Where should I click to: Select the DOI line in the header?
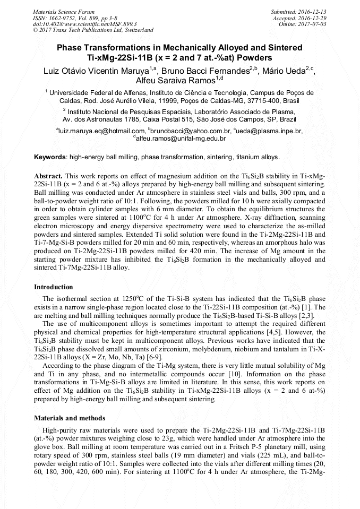point(84,24)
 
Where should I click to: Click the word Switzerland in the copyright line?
point(137,30)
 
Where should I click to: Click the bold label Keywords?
point(50,157)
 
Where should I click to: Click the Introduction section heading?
point(53,287)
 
